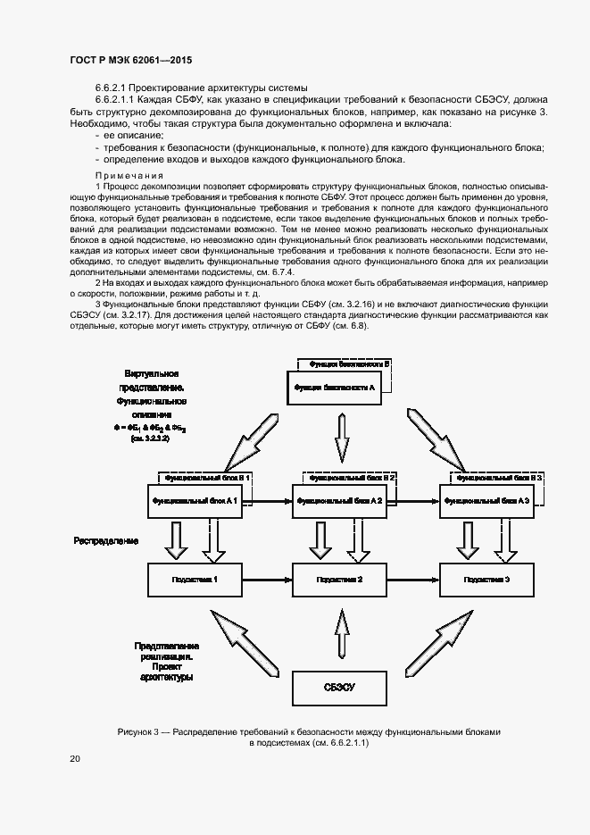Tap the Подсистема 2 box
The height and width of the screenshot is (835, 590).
[x=339, y=580]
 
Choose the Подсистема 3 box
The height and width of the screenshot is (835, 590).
[x=487, y=580]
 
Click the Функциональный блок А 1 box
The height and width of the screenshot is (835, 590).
[x=195, y=501]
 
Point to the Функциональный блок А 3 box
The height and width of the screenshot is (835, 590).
[x=487, y=501]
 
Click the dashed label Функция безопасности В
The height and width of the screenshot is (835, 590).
[x=349, y=364]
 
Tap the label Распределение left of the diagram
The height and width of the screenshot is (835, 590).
[x=106, y=541]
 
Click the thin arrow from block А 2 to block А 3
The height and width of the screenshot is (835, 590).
[x=413, y=501]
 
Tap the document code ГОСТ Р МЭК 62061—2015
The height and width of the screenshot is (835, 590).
[x=130, y=60]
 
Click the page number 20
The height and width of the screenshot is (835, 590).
[x=75, y=759]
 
